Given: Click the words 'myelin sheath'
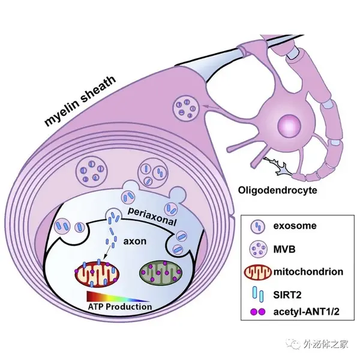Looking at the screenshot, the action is (x=80, y=100).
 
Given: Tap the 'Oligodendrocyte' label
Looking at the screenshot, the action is (x=278, y=190).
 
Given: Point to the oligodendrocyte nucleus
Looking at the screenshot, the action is (x=289, y=125).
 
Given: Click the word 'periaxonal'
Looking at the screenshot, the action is (x=152, y=217).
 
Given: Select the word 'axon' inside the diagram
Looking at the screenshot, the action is (x=135, y=241).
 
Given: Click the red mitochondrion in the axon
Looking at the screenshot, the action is (x=97, y=273).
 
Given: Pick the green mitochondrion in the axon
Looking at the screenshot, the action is (x=161, y=272).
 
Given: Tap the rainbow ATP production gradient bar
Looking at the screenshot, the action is (x=118, y=296).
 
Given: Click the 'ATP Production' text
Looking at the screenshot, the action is (x=120, y=307).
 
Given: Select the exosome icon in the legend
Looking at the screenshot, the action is (x=258, y=226).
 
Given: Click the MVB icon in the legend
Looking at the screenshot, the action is (x=258, y=249).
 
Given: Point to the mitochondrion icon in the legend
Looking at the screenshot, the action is (x=258, y=272).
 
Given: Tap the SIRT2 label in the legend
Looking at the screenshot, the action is (x=287, y=295).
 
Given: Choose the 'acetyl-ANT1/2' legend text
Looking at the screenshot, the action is (x=306, y=312).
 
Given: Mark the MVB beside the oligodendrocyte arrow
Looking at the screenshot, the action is (x=185, y=108).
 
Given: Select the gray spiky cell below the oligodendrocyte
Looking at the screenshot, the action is (x=279, y=167).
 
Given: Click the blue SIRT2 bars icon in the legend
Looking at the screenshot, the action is (x=258, y=295).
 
